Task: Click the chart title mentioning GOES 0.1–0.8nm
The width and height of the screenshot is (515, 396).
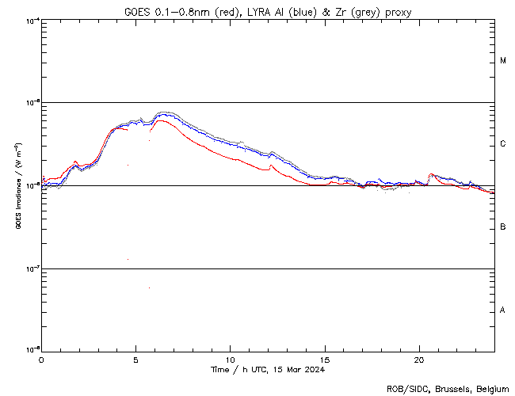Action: (267, 12)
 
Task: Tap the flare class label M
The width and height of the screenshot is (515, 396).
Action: (503, 61)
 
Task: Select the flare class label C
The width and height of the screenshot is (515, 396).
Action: (503, 144)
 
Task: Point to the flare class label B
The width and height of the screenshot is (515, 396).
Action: (503, 227)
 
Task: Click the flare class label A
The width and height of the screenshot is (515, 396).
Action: (503, 310)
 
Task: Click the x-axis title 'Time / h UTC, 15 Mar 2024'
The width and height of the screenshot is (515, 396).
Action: (267, 369)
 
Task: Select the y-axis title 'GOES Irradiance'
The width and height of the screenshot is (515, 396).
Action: (17, 185)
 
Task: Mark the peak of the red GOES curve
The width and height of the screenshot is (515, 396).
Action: (160, 120)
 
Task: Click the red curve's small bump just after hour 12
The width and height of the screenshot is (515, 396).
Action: (272, 166)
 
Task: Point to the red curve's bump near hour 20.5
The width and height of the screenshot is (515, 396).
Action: (431, 174)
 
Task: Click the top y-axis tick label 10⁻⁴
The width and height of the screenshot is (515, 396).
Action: (32, 20)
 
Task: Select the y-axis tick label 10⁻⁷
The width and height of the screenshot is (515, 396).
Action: (32, 268)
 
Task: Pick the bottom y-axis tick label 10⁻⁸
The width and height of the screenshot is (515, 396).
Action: (32, 349)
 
